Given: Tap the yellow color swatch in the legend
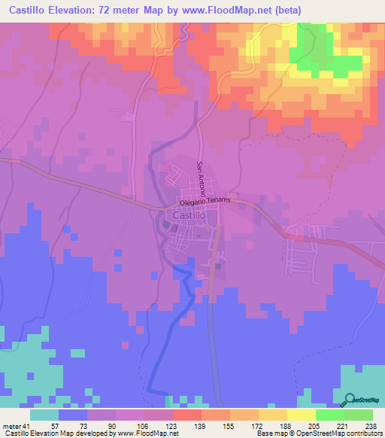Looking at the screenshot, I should [x=301, y=415].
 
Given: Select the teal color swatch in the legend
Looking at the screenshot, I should [x=44, y=415].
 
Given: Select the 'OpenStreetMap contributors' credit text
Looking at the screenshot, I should [x=338, y=433].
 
